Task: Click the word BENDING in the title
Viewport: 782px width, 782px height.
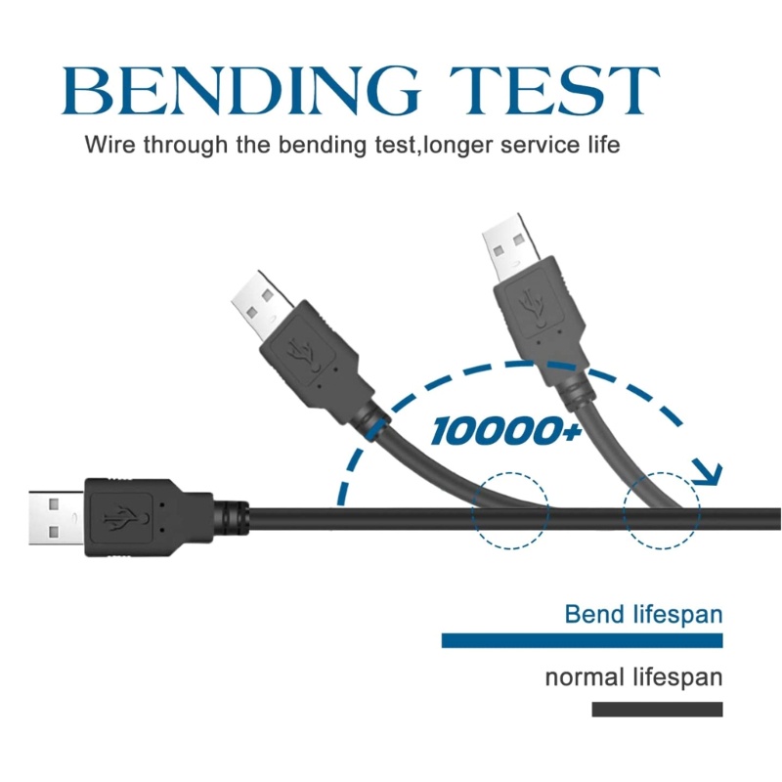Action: click(240, 91)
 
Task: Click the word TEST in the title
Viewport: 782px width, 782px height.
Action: click(554, 91)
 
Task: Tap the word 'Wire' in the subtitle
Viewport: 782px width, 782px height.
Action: click(109, 145)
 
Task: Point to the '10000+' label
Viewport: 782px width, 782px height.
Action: click(505, 431)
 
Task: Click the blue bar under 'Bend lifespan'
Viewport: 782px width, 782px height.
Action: click(582, 640)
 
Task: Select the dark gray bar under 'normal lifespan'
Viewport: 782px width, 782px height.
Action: click(657, 710)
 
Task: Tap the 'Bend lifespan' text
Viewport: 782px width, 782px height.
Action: click(643, 615)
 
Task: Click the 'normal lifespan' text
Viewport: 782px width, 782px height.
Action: click(633, 677)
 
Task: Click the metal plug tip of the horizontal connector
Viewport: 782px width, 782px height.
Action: click(57, 518)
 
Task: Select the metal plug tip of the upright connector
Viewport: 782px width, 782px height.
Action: click(510, 248)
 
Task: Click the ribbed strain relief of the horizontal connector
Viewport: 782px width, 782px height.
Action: click(231, 518)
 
